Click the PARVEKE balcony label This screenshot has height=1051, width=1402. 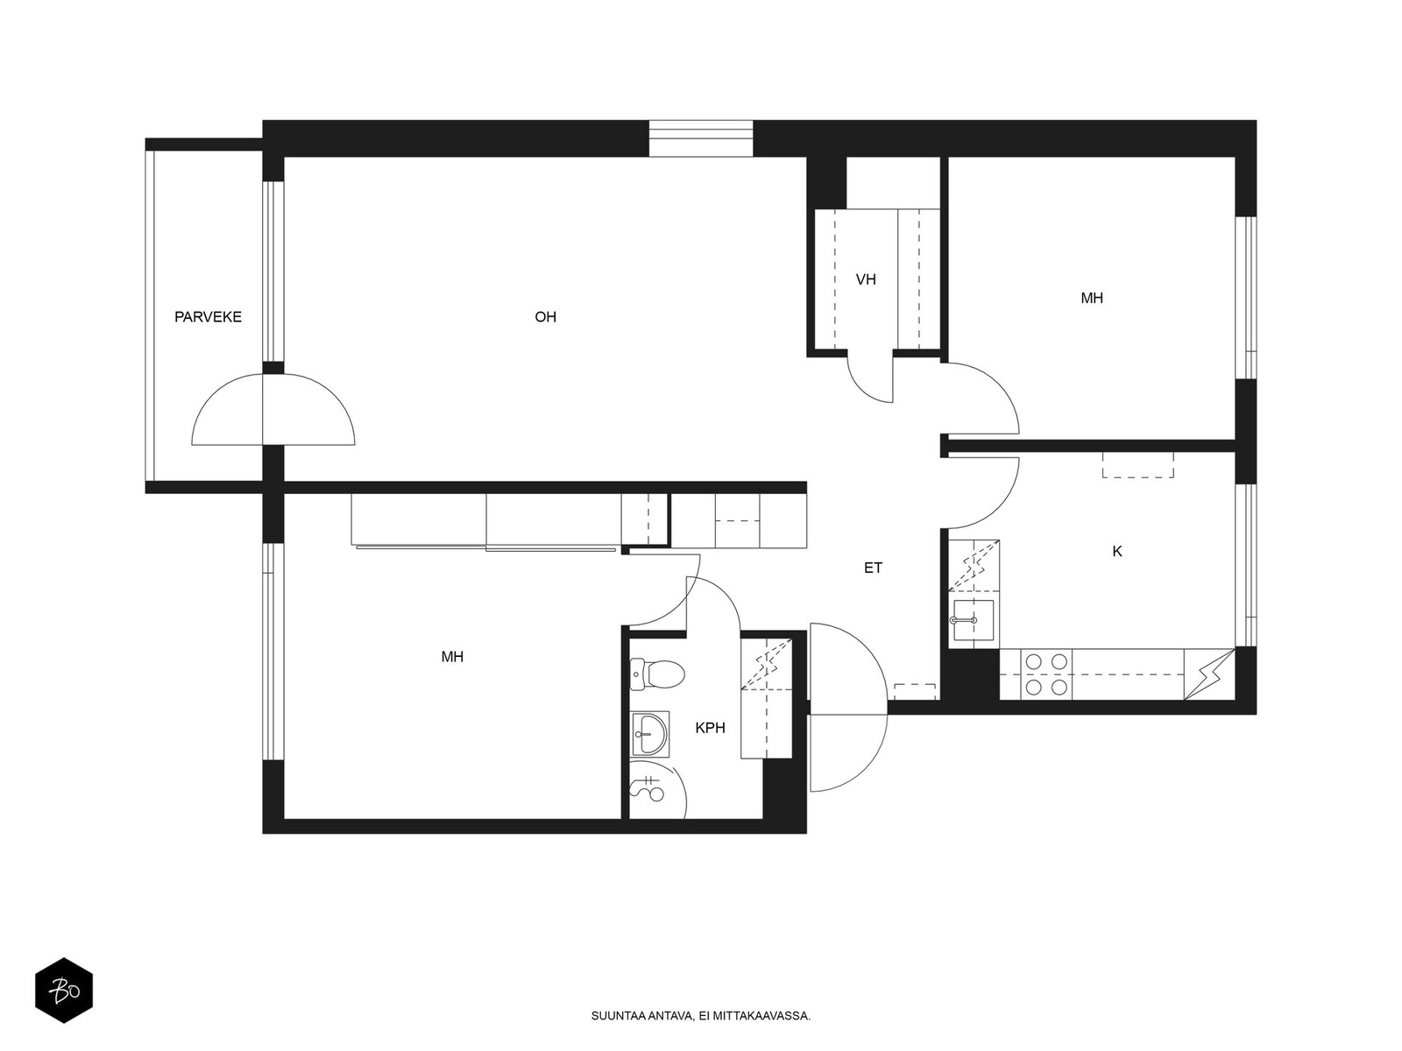(x=209, y=317)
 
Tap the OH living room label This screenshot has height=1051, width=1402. (x=546, y=317)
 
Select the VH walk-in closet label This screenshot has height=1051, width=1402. (x=866, y=279)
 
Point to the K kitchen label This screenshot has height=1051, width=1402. (x=1117, y=552)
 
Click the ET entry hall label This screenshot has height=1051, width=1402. (x=873, y=568)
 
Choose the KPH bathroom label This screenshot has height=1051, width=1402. (x=711, y=728)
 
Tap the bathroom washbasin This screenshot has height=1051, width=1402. (x=649, y=734)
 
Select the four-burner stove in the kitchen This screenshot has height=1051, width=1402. (x=1046, y=674)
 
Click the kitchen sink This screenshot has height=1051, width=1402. (x=974, y=619)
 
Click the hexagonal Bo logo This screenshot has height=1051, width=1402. (x=64, y=991)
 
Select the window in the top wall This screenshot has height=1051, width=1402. (x=701, y=138)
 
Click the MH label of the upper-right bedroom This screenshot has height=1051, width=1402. (x=1092, y=298)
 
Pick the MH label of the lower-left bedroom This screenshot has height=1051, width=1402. (x=452, y=657)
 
